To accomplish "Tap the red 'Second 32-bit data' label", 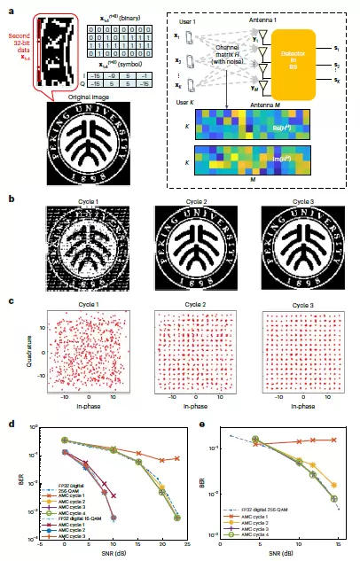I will click(x=17, y=43).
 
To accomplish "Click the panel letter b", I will click(x=10, y=198).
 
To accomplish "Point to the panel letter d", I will click(x=10, y=426).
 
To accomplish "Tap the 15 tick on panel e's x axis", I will click(x=336, y=544).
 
